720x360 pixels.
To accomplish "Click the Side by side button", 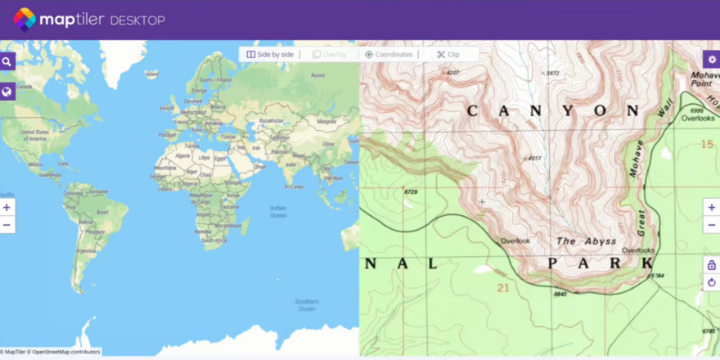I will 270,54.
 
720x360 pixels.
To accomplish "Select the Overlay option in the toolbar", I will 329,54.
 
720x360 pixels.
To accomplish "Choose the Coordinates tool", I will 389,54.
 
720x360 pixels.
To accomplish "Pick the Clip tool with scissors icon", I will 448,54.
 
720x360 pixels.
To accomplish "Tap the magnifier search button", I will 7,61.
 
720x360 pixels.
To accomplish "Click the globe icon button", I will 7,92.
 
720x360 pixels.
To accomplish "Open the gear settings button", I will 712,60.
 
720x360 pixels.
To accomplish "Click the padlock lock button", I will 712,265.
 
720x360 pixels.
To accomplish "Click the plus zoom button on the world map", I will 7,208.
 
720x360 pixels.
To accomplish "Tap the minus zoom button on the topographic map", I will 712,225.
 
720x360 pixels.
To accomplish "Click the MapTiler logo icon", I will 25,19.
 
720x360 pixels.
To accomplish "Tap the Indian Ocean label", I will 279,211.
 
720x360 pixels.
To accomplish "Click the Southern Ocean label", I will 307,304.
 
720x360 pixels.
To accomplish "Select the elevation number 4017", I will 535,158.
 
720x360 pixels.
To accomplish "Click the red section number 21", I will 503,287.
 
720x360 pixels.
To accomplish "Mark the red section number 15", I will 707,144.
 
